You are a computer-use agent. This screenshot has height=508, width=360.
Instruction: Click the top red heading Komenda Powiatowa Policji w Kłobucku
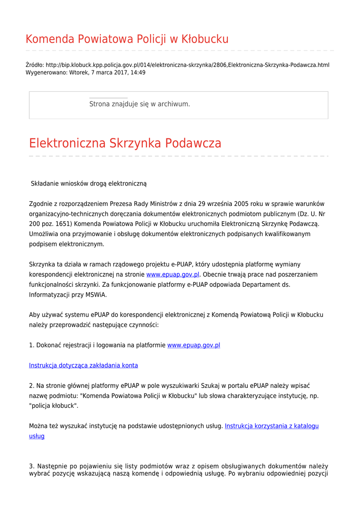127,39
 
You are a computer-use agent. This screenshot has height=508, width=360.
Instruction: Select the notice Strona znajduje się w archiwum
140,104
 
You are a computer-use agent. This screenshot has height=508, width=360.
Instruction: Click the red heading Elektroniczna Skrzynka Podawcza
125,143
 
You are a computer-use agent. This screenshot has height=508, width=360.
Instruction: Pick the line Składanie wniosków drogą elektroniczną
89,184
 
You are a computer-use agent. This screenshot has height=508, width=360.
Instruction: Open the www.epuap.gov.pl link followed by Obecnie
173,274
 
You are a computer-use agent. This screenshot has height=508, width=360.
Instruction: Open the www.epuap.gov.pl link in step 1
194,345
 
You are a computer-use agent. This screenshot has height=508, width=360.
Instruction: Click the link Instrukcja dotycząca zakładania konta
83,366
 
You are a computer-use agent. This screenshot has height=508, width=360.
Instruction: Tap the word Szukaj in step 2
211,385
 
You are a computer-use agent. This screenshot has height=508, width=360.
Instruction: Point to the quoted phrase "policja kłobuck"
54,406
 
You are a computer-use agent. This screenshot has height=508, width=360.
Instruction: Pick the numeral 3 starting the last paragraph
31,466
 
